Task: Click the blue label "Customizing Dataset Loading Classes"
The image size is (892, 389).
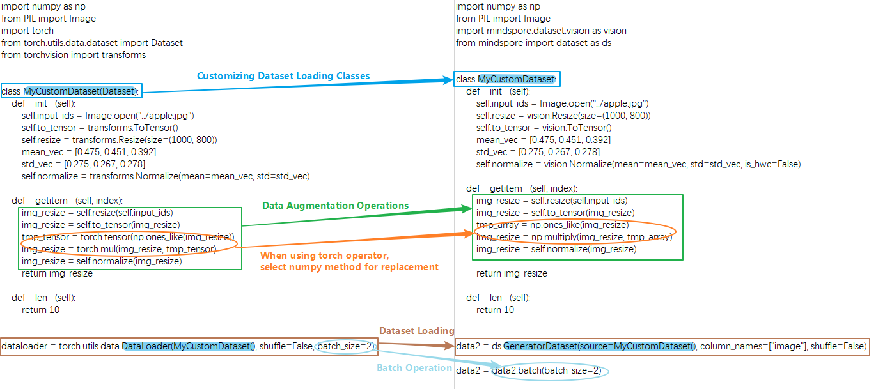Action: pos(283,76)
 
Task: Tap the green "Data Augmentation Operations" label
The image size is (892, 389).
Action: pos(335,206)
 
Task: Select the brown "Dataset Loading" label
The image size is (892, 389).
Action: pos(416,331)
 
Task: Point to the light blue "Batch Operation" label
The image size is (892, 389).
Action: pos(414,368)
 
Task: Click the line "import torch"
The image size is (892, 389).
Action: pos(27,31)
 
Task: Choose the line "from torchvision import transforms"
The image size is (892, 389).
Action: pos(74,55)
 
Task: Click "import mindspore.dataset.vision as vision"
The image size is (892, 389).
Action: pos(541,31)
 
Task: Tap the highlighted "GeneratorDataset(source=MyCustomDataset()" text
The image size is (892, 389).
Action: pos(599,347)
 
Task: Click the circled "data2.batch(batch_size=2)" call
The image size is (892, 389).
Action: pos(551,371)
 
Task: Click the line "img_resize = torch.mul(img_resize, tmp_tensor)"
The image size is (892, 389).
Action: pos(119,249)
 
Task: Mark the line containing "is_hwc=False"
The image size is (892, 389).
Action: pos(638,164)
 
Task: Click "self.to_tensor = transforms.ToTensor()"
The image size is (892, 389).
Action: pos(100,128)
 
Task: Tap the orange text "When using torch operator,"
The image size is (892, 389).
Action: pos(324,256)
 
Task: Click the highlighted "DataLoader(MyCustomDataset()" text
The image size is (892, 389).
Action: pos(189,347)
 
